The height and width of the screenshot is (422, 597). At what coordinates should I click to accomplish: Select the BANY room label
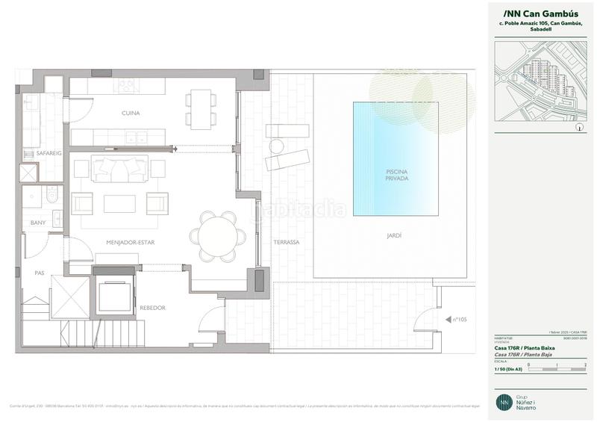pyautogui.click(x=37, y=223)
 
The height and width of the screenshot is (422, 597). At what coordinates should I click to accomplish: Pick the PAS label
pyautogui.click(x=40, y=273)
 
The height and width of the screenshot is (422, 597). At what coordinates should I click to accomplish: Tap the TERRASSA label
pyautogui.click(x=286, y=242)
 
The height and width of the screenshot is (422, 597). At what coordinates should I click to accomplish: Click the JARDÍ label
pyautogui.click(x=396, y=235)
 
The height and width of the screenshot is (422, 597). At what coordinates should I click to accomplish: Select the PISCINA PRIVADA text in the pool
pyautogui.click(x=396, y=176)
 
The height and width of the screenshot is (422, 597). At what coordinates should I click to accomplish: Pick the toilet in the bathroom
pyautogui.click(x=48, y=197)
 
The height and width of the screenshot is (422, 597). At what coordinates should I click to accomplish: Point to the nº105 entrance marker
pyautogui.click(x=459, y=320)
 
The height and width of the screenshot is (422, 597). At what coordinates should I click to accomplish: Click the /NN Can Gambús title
pyautogui.click(x=536, y=13)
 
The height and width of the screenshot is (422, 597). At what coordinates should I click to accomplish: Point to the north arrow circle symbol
pyautogui.click(x=579, y=128)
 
